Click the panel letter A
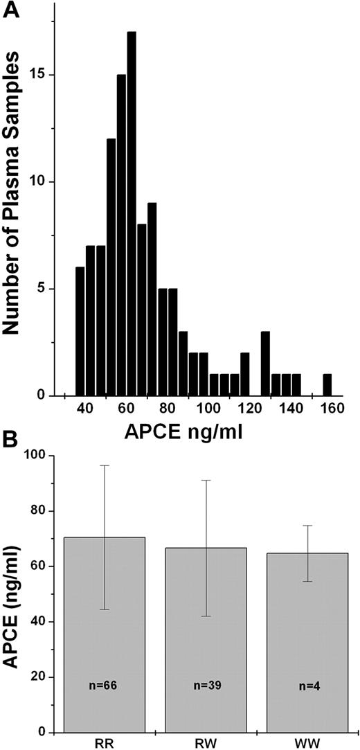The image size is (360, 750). [x=12, y=11]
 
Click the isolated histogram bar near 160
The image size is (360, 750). [x=327, y=384]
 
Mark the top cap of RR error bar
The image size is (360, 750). [x=105, y=465]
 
